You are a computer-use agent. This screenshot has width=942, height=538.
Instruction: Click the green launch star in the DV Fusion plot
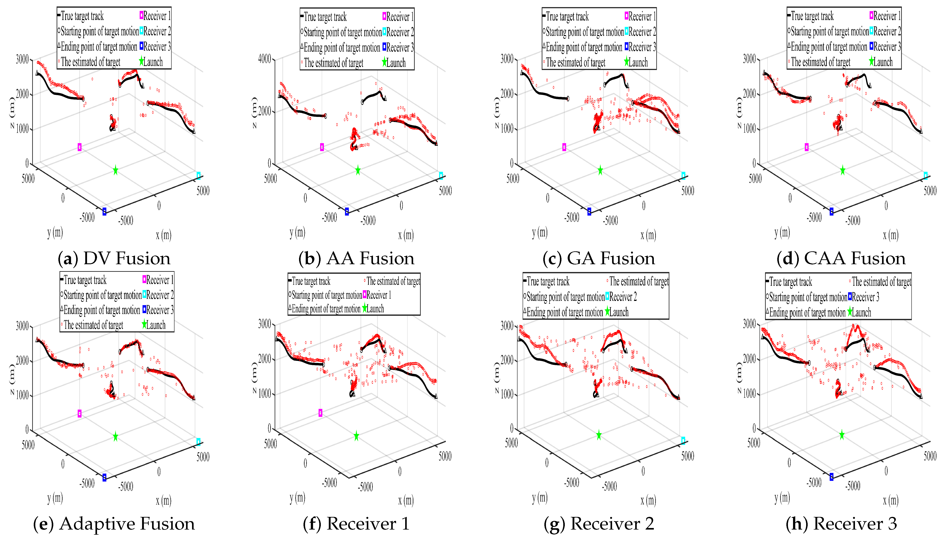click(x=115, y=170)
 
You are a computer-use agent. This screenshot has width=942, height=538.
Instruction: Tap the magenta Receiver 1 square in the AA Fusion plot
click(x=322, y=147)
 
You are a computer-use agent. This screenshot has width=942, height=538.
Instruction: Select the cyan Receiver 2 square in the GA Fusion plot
click(x=683, y=176)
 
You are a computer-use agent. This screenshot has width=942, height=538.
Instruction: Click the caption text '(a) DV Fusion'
click(x=114, y=258)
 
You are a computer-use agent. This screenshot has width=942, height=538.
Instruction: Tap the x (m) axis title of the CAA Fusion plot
click(x=891, y=235)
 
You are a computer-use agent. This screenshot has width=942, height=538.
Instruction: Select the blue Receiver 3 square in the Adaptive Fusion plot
click(x=105, y=477)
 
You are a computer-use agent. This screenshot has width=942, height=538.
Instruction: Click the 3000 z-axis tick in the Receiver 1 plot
click(x=264, y=324)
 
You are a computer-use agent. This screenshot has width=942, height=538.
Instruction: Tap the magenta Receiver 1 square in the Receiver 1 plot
click(x=320, y=413)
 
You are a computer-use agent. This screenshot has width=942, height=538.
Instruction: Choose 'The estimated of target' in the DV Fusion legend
click(x=90, y=62)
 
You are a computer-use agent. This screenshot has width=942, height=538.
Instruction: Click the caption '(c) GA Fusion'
click(x=599, y=258)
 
